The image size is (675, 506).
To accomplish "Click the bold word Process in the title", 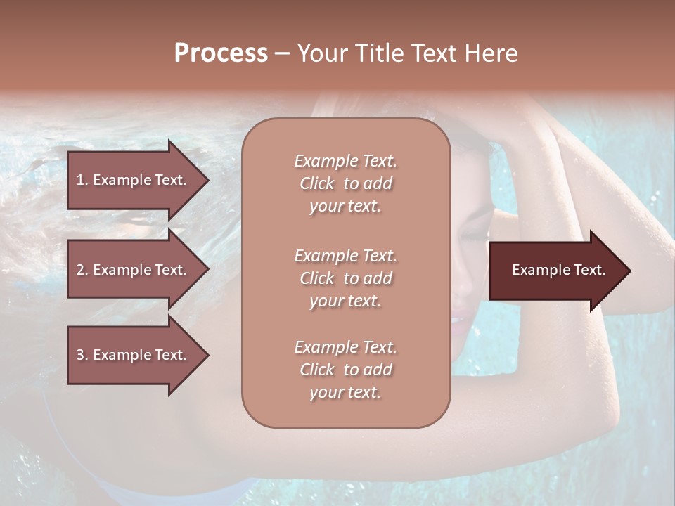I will (x=221, y=53).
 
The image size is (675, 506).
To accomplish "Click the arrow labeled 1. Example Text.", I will (x=134, y=180).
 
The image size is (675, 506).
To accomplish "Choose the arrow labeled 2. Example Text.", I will (x=134, y=270).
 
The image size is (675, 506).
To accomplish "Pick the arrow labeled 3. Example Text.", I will (x=134, y=356).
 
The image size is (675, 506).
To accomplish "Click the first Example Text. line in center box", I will (x=345, y=161).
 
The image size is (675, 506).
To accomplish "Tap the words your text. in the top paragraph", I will (x=345, y=206).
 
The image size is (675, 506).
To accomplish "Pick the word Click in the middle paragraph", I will (x=317, y=278).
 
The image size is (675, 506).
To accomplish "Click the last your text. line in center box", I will (x=345, y=392).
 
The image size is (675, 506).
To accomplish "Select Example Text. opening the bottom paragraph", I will (x=345, y=347).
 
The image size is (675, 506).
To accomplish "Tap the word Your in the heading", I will (x=322, y=53).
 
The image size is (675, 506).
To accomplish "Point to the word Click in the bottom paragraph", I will (x=317, y=370).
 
